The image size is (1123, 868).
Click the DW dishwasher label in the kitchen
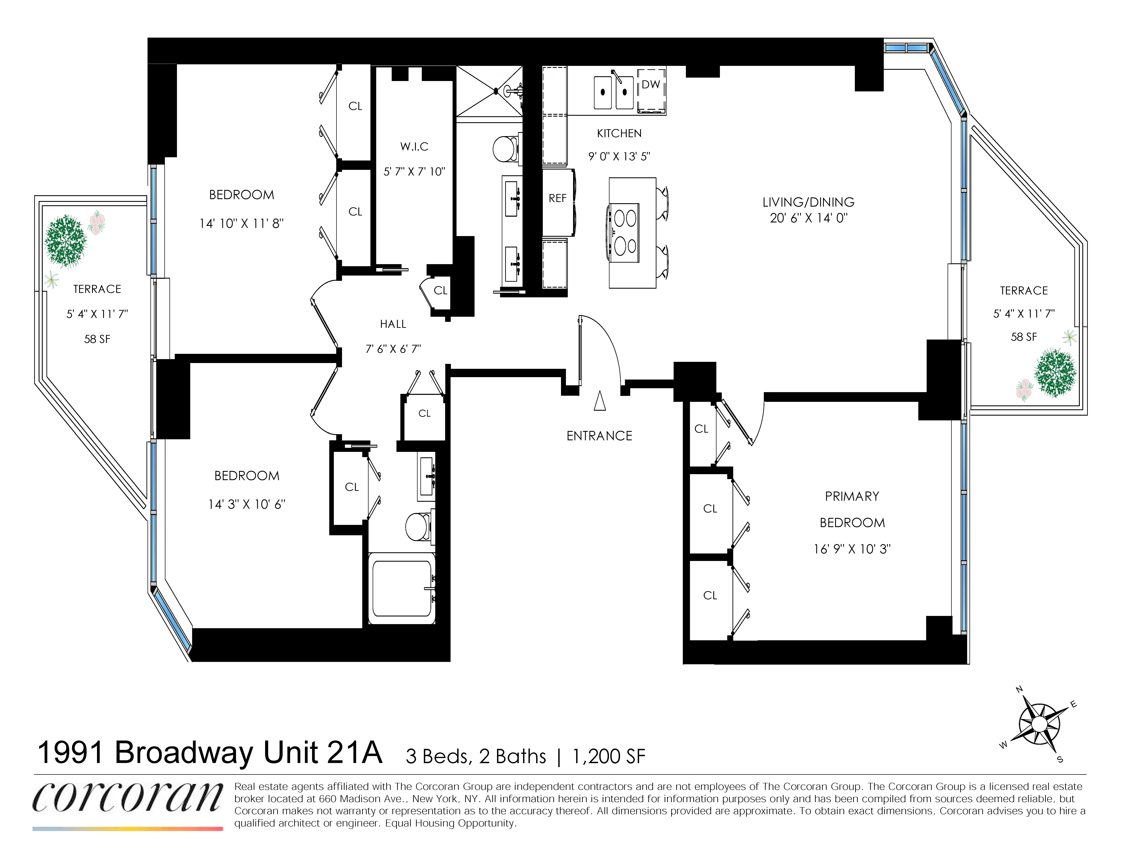tap(650, 84)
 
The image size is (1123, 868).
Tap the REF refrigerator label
tap(557, 198)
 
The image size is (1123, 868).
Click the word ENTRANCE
tap(599, 436)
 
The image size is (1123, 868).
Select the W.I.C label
tap(414, 147)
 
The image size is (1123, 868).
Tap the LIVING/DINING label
tap(808, 202)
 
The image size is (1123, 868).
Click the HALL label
tap(393, 324)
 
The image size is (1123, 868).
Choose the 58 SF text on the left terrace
tap(97, 339)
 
